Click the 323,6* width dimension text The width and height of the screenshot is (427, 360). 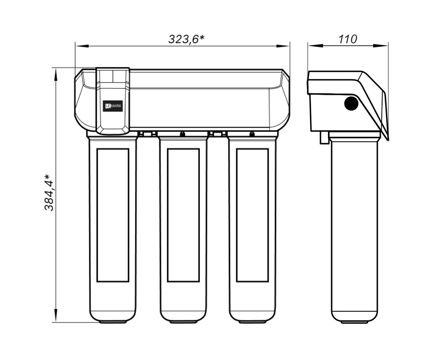pos(187,39)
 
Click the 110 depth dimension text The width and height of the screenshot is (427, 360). pos(347,39)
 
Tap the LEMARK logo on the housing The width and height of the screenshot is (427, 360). pos(113,106)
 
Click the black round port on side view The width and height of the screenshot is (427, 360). pos(351,103)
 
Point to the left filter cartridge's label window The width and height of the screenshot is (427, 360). pos(113,215)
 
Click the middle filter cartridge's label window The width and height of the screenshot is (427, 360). pos(183,215)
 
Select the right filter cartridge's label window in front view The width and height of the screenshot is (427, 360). pos(252,215)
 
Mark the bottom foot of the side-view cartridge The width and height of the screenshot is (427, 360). pos(354,322)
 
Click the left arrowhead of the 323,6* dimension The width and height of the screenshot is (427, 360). pos(79,45)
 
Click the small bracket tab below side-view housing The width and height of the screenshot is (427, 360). pos(324,138)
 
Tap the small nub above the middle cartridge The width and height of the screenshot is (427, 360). pos(182,134)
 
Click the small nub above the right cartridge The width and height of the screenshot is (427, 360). pos(252,134)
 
